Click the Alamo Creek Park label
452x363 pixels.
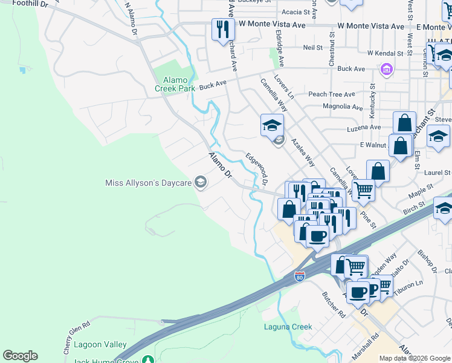click(175, 84)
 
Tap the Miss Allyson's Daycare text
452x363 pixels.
click(147, 183)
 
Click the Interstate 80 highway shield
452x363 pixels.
click(300, 276)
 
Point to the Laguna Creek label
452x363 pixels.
click(288, 327)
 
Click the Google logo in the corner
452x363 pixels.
click(20, 356)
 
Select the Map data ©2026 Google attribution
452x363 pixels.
click(415, 358)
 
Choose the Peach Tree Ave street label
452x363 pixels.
click(331, 94)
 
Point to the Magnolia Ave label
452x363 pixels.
click(343, 107)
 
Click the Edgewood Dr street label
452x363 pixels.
click(257, 168)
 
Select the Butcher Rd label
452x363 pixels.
click(333, 306)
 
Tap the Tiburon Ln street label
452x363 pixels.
click(408, 284)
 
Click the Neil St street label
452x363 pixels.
click(312, 47)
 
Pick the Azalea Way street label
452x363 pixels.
click(303, 152)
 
